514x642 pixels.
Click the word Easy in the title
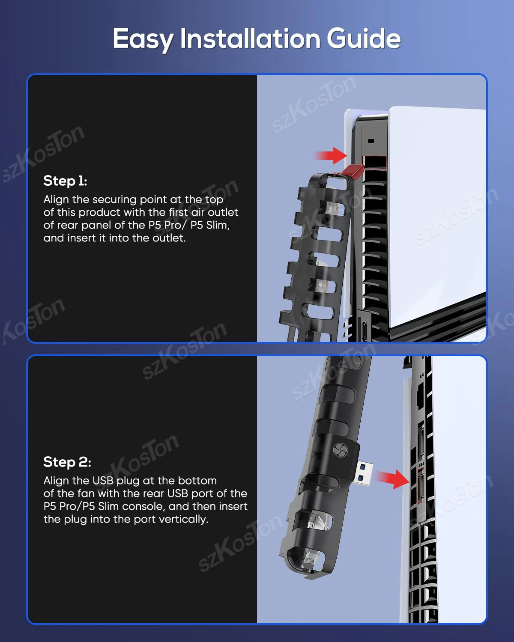[x=143, y=39]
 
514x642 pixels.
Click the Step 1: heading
[x=65, y=181]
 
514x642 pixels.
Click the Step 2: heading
[x=67, y=462]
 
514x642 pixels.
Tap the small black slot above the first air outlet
[x=371, y=140]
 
